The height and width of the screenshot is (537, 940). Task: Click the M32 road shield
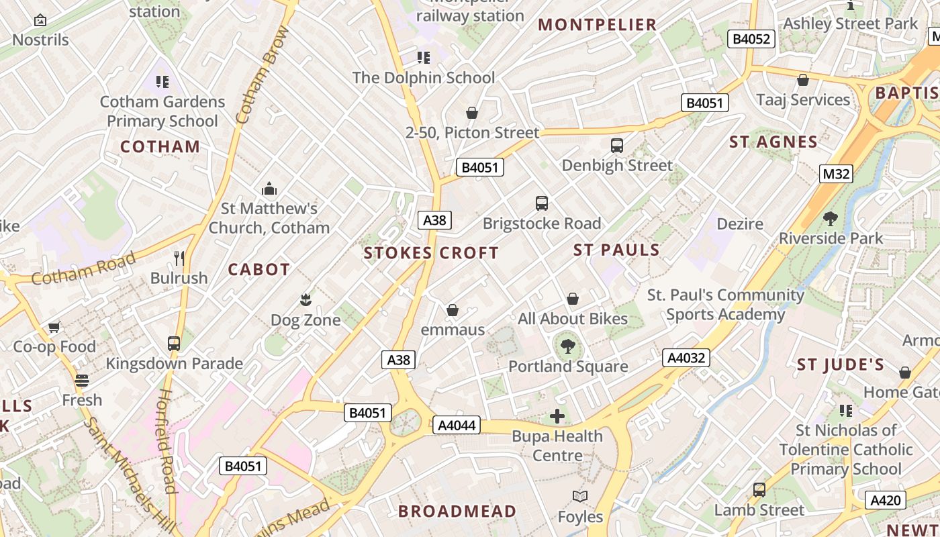(x=836, y=175)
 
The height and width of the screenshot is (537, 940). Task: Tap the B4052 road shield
(x=751, y=39)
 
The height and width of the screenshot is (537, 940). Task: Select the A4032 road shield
(x=686, y=358)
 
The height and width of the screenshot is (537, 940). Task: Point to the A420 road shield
(x=885, y=500)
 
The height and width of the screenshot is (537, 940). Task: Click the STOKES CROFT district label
(x=431, y=253)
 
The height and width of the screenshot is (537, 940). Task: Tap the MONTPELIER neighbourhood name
(x=597, y=25)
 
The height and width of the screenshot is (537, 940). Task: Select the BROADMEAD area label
(x=457, y=511)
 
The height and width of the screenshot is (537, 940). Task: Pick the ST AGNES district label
(x=773, y=142)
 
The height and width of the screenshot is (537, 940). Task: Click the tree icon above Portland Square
(x=568, y=346)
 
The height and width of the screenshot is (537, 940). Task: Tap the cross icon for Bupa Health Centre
(x=557, y=417)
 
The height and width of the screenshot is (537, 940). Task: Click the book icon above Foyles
(x=580, y=497)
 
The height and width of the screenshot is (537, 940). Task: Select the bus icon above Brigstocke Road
(x=541, y=203)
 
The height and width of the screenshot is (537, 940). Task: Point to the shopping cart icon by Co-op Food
(x=54, y=328)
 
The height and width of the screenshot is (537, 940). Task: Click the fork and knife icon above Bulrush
(x=179, y=258)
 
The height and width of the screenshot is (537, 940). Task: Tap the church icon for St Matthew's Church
(x=269, y=189)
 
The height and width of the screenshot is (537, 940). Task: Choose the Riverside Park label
(x=831, y=238)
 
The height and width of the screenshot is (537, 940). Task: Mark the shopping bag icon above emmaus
(x=453, y=310)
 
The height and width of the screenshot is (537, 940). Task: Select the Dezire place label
(x=740, y=224)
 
